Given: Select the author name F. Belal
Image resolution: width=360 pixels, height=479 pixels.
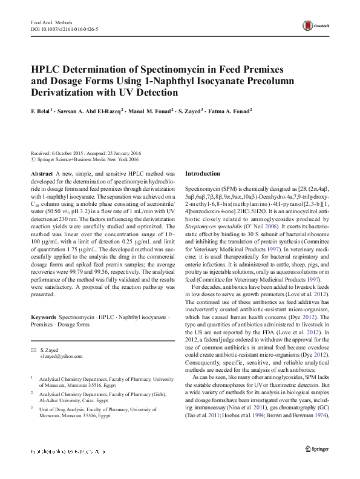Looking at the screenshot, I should [41, 112].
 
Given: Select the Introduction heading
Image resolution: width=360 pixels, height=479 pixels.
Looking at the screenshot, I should [203, 173].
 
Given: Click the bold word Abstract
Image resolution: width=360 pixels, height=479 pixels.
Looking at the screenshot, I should [42, 173].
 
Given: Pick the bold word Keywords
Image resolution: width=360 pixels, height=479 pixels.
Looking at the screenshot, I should [44, 317].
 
